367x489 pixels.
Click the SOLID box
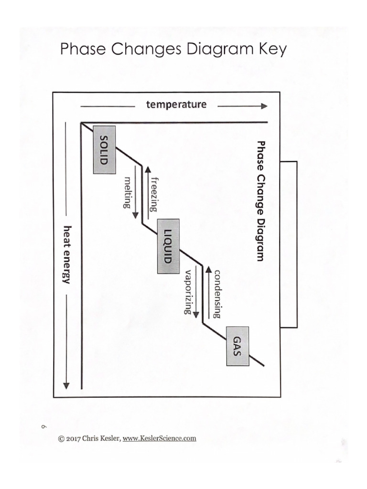(104, 149)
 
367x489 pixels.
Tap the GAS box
(237, 346)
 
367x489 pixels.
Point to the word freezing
(153, 193)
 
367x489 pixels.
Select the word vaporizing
(188, 291)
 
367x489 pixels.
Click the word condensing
(217, 293)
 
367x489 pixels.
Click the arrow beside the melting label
(135, 191)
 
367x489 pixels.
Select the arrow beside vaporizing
(196, 290)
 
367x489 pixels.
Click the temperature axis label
(176, 104)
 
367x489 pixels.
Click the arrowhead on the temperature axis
(264, 106)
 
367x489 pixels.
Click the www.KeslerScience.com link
(160, 438)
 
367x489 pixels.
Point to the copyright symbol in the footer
(61, 438)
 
